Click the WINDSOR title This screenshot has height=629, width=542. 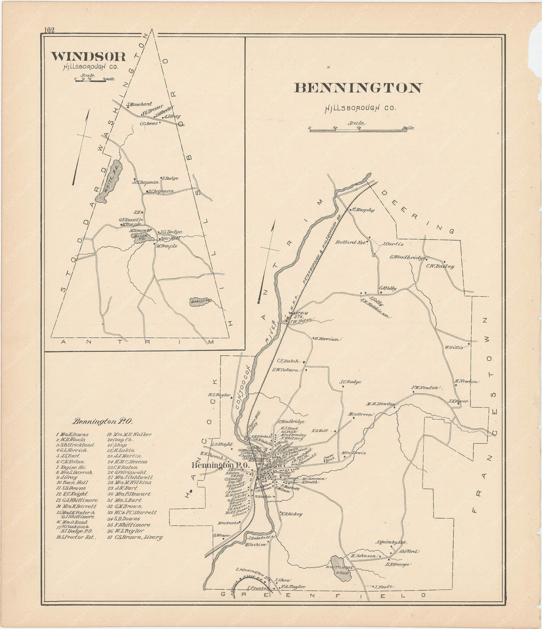coord(88,56)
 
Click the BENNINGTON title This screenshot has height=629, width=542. coord(357,88)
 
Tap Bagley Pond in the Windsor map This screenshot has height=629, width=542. coord(200,301)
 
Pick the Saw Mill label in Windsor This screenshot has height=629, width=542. coord(170,238)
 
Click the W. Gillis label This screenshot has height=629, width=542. coord(455,347)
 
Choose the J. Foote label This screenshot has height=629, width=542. coord(382,586)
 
